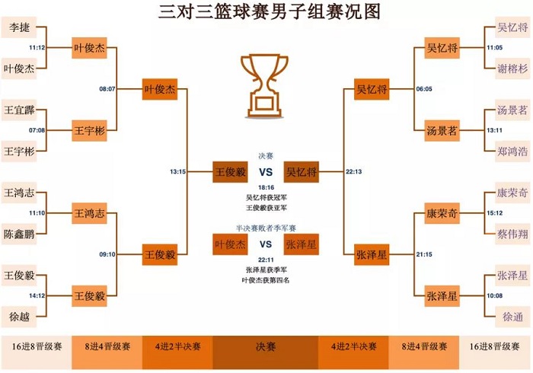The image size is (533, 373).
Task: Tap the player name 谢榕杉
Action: point(512,67)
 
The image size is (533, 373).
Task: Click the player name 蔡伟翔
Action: point(512,234)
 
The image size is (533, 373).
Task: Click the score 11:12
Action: point(37,47)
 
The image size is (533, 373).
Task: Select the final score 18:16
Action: point(266,186)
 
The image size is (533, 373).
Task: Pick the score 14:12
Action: point(37,295)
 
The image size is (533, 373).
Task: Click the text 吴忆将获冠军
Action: point(266,197)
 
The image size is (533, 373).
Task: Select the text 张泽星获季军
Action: point(266,270)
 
